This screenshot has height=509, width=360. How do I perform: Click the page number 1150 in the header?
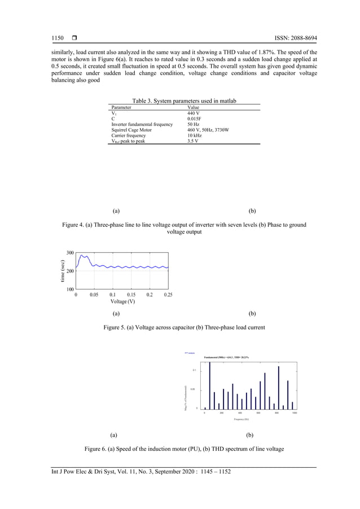pyautogui.click(x=58, y=38)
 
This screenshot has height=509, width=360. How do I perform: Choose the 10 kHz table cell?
pyautogui.click(x=195, y=135)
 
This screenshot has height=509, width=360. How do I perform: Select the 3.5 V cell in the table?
pyautogui.click(x=194, y=141)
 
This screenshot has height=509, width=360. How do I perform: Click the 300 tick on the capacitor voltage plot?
pyautogui.click(x=70, y=252)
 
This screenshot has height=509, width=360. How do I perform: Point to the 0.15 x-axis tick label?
pyautogui.click(x=131, y=294)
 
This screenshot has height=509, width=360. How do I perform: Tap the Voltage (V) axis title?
pyautogui.click(x=122, y=301)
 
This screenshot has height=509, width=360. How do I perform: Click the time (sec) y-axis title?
pyautogui.click(x=62, y=270)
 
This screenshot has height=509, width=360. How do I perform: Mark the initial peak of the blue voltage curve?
pyautogui.click(x=82, y=256)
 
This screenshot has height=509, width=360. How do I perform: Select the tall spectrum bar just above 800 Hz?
pyautogui.click(x=279, y=387)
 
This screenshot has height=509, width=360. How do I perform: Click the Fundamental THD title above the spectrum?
pyautogui.click(x=230, y=358)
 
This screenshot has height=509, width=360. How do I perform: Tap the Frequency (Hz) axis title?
pyautogui.click(x=241, y=419)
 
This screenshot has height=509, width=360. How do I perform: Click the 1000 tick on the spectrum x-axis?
pyautogui.click(x=295, y=413)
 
